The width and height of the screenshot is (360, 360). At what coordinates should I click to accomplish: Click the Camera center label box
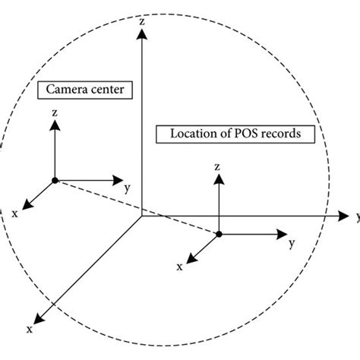click(x=85, y=90)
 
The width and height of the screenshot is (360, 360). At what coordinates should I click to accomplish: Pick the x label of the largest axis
click(x=29, y=329)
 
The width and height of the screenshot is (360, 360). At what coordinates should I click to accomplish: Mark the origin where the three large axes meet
click(x=141, y=216)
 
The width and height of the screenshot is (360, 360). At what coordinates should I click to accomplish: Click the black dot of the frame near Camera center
click(x=54, y=180)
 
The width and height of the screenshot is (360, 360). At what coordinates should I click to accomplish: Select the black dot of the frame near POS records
click(x=219, y=234)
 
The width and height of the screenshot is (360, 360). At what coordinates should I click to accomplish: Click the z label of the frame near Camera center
click(x=54, y=112)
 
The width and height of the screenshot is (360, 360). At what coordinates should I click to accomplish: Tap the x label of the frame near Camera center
click(x=14, y=213)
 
